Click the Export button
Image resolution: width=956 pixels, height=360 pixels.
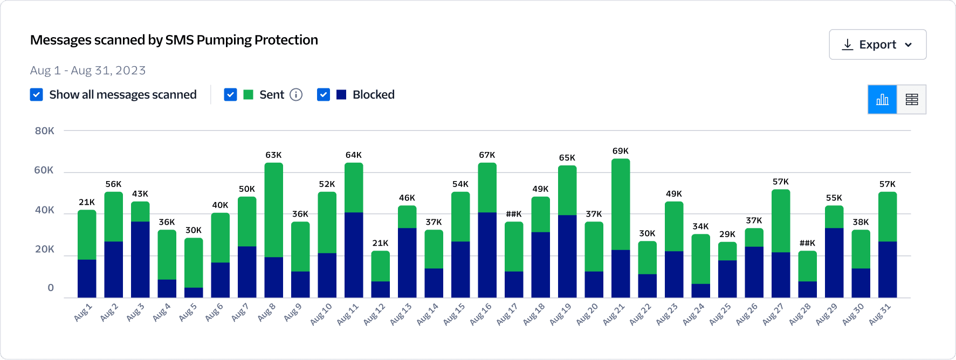(877, 45)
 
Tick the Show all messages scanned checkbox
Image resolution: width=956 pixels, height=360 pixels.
(37, 95)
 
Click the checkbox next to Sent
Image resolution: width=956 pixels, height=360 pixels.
(230, 95)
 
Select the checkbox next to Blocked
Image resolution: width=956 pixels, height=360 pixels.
(324, 95)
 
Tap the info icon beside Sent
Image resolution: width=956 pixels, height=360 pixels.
(296, 95)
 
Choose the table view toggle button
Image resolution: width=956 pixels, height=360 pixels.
(911, 100)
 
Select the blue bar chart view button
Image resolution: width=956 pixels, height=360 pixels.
(882, 100)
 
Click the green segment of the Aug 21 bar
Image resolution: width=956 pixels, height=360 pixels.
(621, 205)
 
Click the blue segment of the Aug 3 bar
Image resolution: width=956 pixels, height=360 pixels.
(140, 259)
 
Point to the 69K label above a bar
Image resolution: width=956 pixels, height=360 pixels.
(621, 151)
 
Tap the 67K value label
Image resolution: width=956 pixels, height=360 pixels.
(487, 155)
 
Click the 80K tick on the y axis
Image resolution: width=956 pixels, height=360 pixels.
(45, 131)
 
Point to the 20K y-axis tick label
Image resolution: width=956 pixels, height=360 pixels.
(45, 249)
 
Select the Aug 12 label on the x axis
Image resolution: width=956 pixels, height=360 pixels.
(374, 314)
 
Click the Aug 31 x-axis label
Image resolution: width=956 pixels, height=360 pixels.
(879, 314)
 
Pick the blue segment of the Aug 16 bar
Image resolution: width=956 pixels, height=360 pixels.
(487, 254)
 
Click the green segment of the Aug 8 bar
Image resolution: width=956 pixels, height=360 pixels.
(273, 210)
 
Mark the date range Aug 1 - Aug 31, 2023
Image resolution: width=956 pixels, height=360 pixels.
(88, 71)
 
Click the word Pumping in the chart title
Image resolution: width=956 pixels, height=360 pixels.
(224, 40)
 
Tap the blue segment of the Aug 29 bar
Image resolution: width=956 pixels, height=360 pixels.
(834, 262)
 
